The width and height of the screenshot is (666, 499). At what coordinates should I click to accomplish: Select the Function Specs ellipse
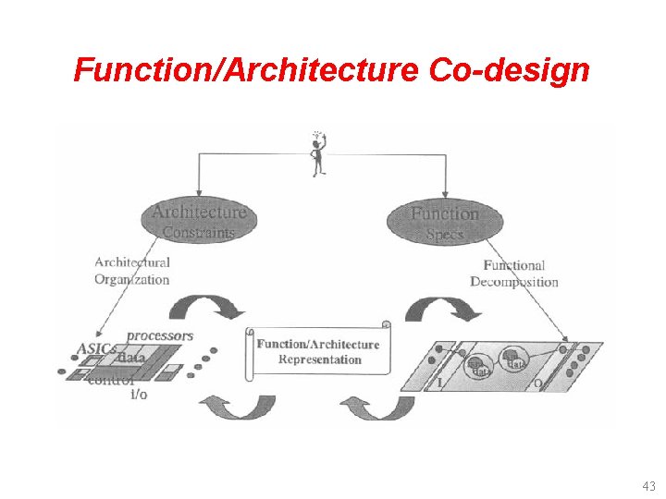[445, 222]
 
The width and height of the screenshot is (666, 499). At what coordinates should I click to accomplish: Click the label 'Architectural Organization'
[132, 271]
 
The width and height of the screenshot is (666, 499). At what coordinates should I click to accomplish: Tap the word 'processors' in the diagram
[159, 335]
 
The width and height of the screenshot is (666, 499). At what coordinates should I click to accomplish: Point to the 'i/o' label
[139, 395]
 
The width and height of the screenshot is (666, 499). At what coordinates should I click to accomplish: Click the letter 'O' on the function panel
[537, 382]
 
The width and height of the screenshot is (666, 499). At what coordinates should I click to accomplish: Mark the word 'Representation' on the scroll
[320, 359]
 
